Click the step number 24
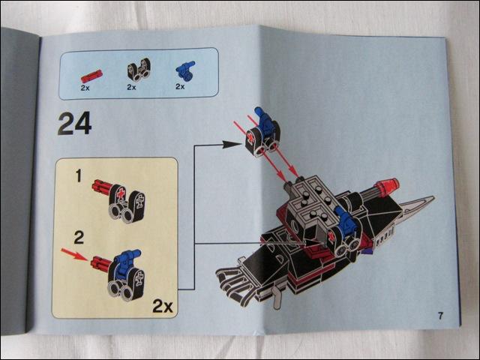click(x=75, y=123)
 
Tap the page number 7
click(x=440, y=316)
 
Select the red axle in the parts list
click(x=91, y=76)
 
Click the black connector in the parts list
click(x=139, y=70)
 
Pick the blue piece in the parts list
click(x=185, y=70)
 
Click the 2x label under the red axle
click(x=85, y=88)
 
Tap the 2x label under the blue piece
click(x=180, y=87)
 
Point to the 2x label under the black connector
click(x=132, y=87)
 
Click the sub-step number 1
click(x=79, y=175)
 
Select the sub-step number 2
click(x=79, y=238)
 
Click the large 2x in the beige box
click(x=163, y=306)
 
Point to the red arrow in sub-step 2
click(x=74, y=254)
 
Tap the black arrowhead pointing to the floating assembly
click(x=232, y=144)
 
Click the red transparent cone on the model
click(x=388, y=186)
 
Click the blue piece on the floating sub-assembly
click(x=265, y=121)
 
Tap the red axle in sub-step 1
click(x=101, y=187)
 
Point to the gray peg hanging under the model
click(x=277, y=298)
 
